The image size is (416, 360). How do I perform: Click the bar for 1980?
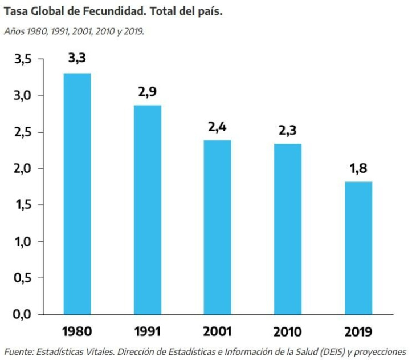click(x=77, y=194)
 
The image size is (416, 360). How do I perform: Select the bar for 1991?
click(x=148, y=210)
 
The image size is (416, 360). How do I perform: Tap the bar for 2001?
click(x=218, y=227)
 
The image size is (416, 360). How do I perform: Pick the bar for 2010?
click(x=288, y=229)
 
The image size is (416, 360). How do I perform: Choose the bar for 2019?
click(x=358, y=248)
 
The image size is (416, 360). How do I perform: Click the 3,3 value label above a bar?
click(x=77, y=58)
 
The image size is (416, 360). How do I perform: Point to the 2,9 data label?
click(x=147, y=91)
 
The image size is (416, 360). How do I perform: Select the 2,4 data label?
click(x=218, y=127)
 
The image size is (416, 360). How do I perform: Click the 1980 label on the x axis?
click(x=77, y=331)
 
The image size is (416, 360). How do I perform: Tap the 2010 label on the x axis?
click(x=288, y=331)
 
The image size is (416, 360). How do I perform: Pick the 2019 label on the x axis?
click(x=358, y=331)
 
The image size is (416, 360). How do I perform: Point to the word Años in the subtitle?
click(x=13, y=30)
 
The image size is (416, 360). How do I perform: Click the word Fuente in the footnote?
click(x=17, y=351)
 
